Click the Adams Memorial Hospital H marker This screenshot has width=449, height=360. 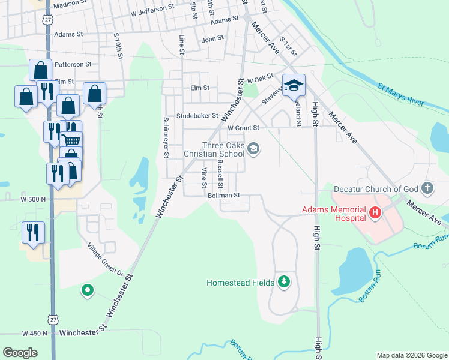376,212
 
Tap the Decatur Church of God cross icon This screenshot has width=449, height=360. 427,188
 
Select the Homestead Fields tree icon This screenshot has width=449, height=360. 283,281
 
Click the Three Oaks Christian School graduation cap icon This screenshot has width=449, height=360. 254,148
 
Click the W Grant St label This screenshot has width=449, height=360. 243,128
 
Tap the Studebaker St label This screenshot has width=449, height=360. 197,116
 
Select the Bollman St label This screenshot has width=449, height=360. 223,195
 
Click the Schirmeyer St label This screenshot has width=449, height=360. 167,138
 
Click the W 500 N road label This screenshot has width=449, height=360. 34,199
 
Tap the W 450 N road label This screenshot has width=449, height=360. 34,333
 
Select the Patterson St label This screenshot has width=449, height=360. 73,64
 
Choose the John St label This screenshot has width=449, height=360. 212,38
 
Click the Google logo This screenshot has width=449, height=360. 20,353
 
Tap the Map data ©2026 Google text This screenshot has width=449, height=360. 411,355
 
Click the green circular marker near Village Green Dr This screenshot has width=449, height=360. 88,292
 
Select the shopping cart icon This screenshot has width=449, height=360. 72,141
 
